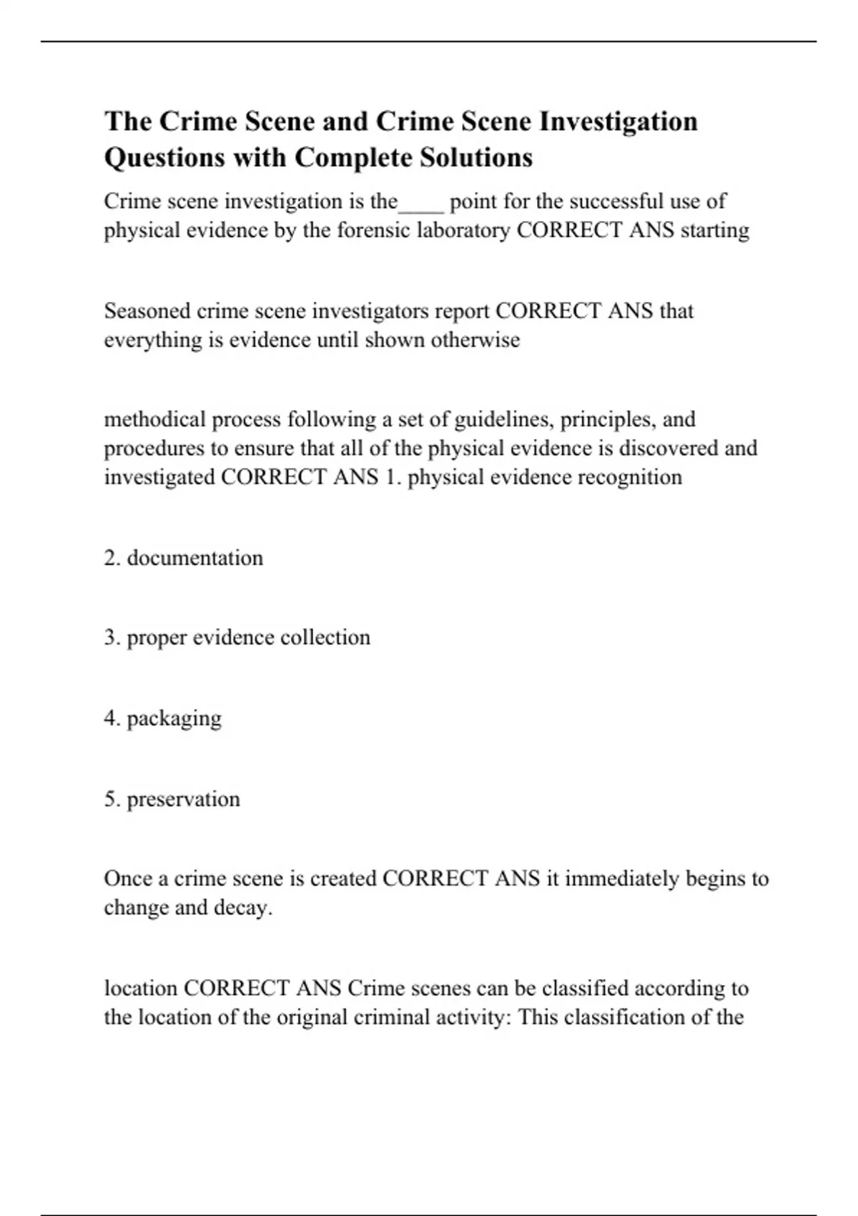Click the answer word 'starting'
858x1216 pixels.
click(714, 230)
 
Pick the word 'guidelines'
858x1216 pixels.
click(503, 419)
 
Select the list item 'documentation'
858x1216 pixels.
click(194, 558)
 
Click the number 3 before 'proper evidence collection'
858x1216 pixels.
click(110, 637)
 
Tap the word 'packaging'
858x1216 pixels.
click(174, 718)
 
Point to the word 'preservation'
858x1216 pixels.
click(183, 799)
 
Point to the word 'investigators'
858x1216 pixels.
click(370, 311)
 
